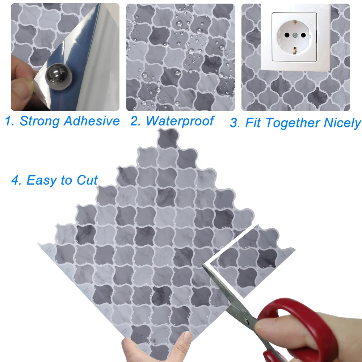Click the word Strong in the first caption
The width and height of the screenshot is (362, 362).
[39, 121]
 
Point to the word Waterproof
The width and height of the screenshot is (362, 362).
[180, 121]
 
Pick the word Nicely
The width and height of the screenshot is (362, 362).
[342, 123]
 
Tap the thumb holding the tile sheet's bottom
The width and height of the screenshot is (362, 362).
[181, 344]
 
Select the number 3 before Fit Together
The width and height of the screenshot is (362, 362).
[235, 123]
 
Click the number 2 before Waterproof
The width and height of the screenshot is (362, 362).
[135, 121]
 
